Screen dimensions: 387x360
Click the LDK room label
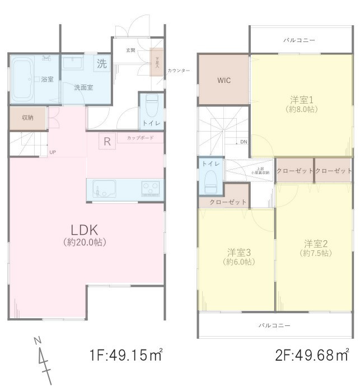pyautogui.click(x=85, y=230)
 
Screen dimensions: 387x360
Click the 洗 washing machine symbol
pyautogui.click(x=101, y=64)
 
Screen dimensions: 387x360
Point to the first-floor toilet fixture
pyautogui.click(x=151, y=105)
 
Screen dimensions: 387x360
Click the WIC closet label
pyautogui.click(x=224, y=80)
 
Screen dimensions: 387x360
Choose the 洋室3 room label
pyautogui.click(x=239, y=252)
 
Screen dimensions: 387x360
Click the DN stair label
pyautogui.click(x=244, y=142)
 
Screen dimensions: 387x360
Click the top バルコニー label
pyautogui.click(x=299, y=41)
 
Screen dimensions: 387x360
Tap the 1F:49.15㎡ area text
pyautogui.click(x=126, y=355)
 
